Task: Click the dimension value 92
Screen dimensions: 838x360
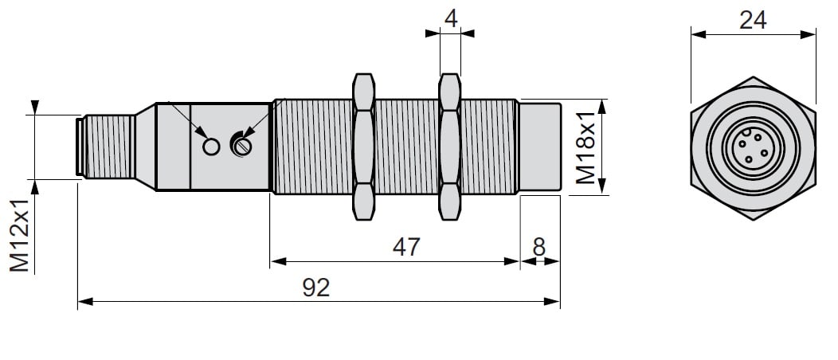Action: point(316,288)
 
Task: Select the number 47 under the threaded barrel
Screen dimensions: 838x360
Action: point(407,247)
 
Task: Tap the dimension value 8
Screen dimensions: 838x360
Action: point(538,247)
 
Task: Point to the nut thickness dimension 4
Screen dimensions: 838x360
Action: point(451,18)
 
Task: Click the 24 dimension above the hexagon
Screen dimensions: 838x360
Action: point(753,20)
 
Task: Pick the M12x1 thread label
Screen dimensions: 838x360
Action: point(20,235)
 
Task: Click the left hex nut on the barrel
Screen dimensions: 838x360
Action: point(363,147)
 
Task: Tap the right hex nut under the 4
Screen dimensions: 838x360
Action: point(449,147)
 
